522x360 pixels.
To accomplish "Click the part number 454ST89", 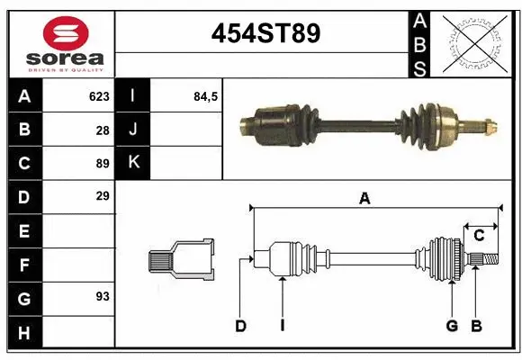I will point(265,34).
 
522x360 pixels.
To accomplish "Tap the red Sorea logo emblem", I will point(66,33).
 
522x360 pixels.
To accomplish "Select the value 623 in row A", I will point(99,96).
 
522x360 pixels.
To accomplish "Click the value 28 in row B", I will point(102,130).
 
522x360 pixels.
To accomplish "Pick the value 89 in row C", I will point(102,163).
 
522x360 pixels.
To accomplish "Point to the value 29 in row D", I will point(102,196).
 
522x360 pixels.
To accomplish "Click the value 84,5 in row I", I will point(206,96).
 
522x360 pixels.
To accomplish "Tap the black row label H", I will point(23,334).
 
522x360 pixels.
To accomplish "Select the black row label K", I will point(133,163).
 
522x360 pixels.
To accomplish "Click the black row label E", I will point(23,231).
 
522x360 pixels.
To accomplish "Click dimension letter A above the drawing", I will point(364,199).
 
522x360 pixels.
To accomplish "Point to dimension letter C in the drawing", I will point(480,236).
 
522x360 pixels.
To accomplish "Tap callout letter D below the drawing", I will point(240,326).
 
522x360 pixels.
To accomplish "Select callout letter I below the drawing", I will point(282,326).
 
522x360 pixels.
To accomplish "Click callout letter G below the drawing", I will point(452,326).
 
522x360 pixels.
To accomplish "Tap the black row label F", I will point(23,265).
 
